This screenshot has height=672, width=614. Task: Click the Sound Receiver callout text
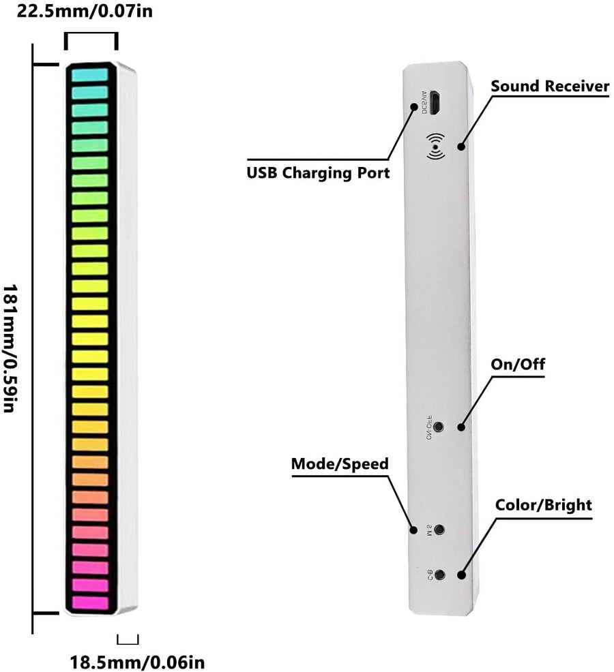[x=550, y=86]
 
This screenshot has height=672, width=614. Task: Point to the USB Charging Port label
[x=318, y=172]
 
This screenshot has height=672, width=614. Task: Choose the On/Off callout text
[x=518, y=364]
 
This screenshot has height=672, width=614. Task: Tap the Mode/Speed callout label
[x=340, y=464]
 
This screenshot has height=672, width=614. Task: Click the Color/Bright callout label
[x=543, y=505]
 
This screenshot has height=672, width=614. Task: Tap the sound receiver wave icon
[x=434, y=146]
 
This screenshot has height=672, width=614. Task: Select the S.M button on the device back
[x=440, y=529]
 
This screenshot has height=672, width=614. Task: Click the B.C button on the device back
[x=440, y=575]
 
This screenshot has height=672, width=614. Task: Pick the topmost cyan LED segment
[x=90, y=75]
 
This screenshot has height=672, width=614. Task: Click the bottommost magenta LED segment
[x=90, y=602]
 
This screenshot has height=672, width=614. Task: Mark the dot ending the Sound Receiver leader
[x=462, y=147]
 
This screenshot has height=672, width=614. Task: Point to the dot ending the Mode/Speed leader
[x=413, y=530]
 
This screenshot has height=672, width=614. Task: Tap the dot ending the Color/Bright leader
[x=462, y=575]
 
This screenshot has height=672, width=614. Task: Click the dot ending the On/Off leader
[x=462, y=427]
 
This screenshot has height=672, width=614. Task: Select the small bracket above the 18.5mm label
[x=128, y=639]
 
